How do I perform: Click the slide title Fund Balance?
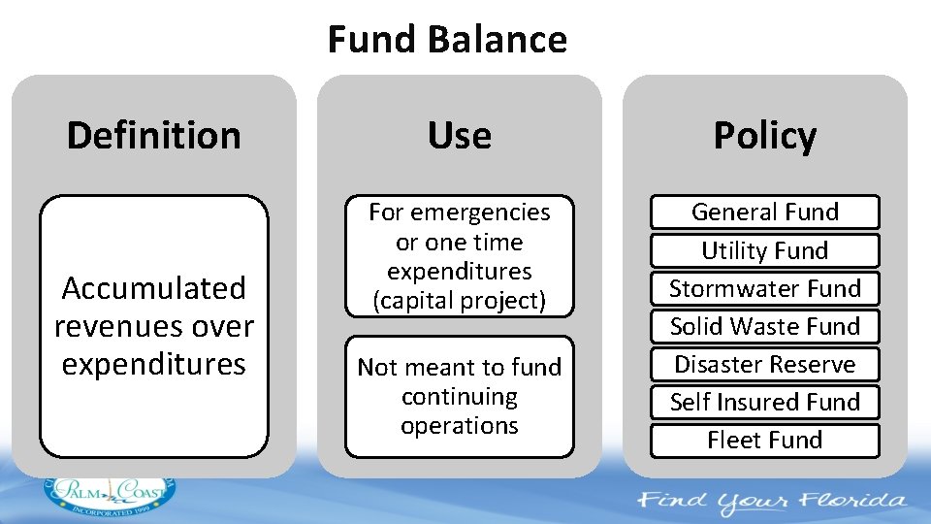(447, 40)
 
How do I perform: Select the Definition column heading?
(153, 135)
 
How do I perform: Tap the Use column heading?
(459, 135)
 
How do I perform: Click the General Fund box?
(764, 212)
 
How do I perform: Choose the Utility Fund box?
(764, 250)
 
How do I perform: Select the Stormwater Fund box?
(764, 288)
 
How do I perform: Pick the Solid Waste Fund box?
(764, 326)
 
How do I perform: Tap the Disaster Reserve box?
(764, 364)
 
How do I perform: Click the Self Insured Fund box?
(764, 402)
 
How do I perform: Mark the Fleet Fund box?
(764, 440)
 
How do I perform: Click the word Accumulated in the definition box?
(153, 288)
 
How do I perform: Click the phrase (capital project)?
(459, 301)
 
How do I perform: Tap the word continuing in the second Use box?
(459, 397)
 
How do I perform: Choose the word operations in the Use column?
(459, 426)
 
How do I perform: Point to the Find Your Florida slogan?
(771, 502)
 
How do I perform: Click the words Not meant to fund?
(459, 367)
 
